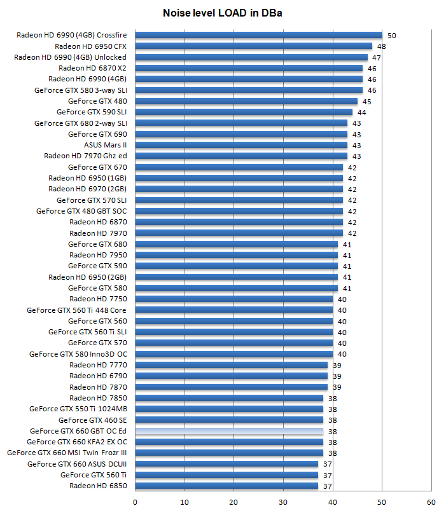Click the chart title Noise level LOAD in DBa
(x=223, y=13)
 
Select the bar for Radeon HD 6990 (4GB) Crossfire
(x=258, y=36)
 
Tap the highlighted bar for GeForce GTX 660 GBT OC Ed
(x=229, y=431)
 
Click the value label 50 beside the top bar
(x=392, y=36)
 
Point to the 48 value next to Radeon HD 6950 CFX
(x=382, y=46)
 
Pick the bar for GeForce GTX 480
(x=246, y=101)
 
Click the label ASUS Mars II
(x=105, y=145)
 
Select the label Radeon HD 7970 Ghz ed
(x=85, y=156)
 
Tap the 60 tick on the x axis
(x=431, y=502)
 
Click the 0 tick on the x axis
(x=135, y=502)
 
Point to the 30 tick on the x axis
(x=283, y=502)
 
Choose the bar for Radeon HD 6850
(x=226, y=486)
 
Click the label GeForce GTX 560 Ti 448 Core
(x=76, y=310)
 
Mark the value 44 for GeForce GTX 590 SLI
(x=362, y=113)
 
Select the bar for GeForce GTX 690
(x=241, y=134)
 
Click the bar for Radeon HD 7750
(x=233, y=299)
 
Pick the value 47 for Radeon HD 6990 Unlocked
(x=377, y=58)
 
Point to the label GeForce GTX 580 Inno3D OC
(x=78, y=354)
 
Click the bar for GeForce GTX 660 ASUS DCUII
(x=226, y=464)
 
